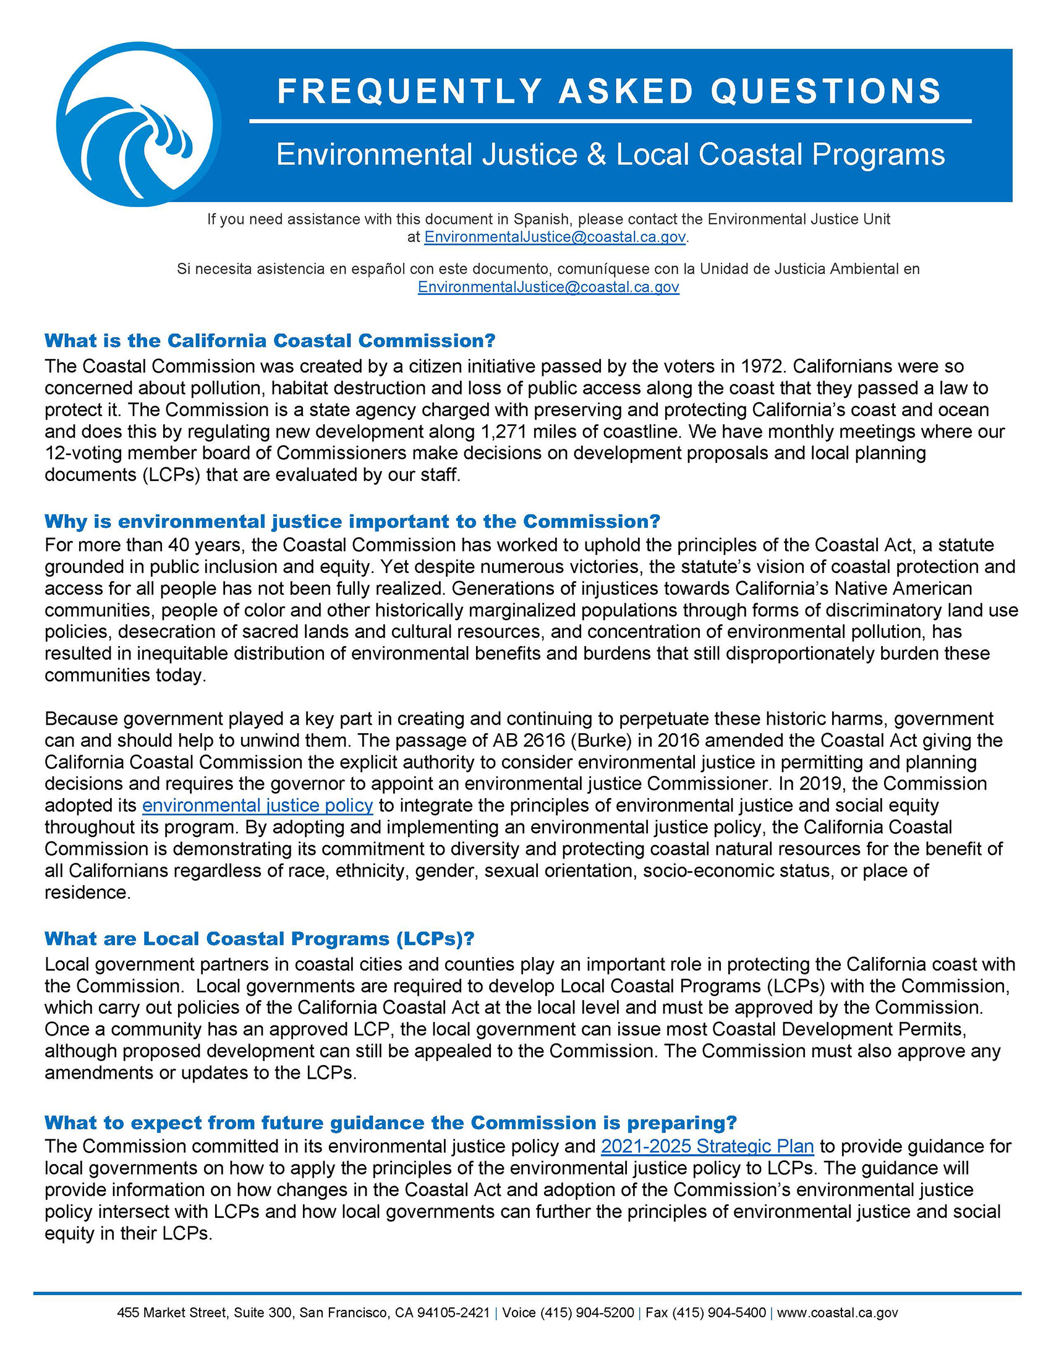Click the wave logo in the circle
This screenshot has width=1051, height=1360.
point(138,124)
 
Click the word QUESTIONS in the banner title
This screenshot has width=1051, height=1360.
point(825,91)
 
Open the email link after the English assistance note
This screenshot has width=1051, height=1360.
point(554,237)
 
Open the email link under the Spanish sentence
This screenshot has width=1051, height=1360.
point(548,287)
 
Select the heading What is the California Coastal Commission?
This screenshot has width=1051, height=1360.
point(270,341)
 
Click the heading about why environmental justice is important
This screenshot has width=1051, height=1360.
point(352,521)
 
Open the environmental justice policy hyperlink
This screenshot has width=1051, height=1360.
point(257,805)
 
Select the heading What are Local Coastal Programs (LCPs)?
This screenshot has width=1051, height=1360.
point(259,938)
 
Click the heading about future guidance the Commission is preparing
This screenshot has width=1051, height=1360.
point(390,1122)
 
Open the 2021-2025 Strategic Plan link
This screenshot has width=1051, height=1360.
point(707,1146)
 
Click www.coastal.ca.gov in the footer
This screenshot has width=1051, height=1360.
point(837,1312)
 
